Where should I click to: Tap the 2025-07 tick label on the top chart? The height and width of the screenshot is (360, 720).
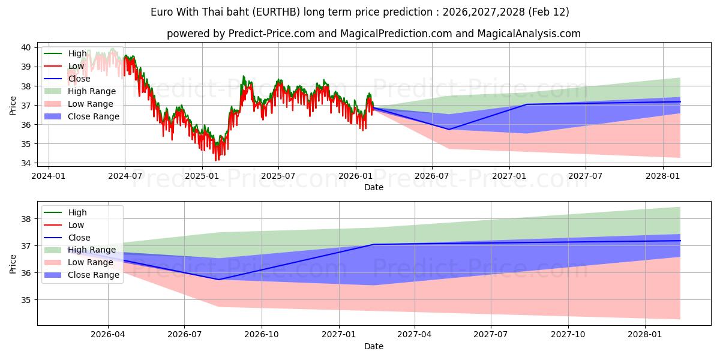278,176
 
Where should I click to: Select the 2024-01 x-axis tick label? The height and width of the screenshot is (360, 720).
48,176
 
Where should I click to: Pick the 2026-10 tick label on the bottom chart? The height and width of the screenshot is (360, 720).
262,335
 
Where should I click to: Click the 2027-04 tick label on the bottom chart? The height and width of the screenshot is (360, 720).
415,335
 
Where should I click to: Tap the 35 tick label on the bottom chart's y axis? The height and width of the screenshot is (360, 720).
26,300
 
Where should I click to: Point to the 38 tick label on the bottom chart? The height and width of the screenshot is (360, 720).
26,219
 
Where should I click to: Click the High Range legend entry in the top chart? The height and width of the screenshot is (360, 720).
92,91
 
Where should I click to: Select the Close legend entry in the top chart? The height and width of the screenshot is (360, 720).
79,79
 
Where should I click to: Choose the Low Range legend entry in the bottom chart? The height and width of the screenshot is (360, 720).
90,262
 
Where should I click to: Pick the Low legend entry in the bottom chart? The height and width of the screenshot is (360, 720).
76,225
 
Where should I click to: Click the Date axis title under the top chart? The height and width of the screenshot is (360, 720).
373,187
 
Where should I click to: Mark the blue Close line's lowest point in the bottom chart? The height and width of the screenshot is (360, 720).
218,280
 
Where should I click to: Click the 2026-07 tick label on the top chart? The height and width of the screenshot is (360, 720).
432,176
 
